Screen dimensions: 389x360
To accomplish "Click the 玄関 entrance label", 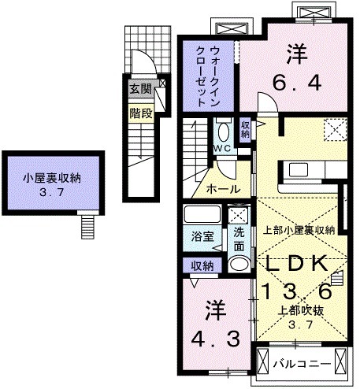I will (x=139, y=88).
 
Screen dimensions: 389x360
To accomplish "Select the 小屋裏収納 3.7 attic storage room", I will (x=52, y=183).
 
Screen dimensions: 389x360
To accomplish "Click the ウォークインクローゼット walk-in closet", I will (x=209, y=73).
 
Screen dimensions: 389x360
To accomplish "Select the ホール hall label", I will (x=223, y=189).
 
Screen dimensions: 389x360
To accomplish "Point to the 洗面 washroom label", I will (x=239, y=239).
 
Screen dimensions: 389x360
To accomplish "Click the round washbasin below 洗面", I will (x=239, y=263).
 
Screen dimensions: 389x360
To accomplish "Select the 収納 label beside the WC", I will (x=245, y=129).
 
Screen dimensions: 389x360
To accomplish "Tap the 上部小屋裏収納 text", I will (x=299, y=230).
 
